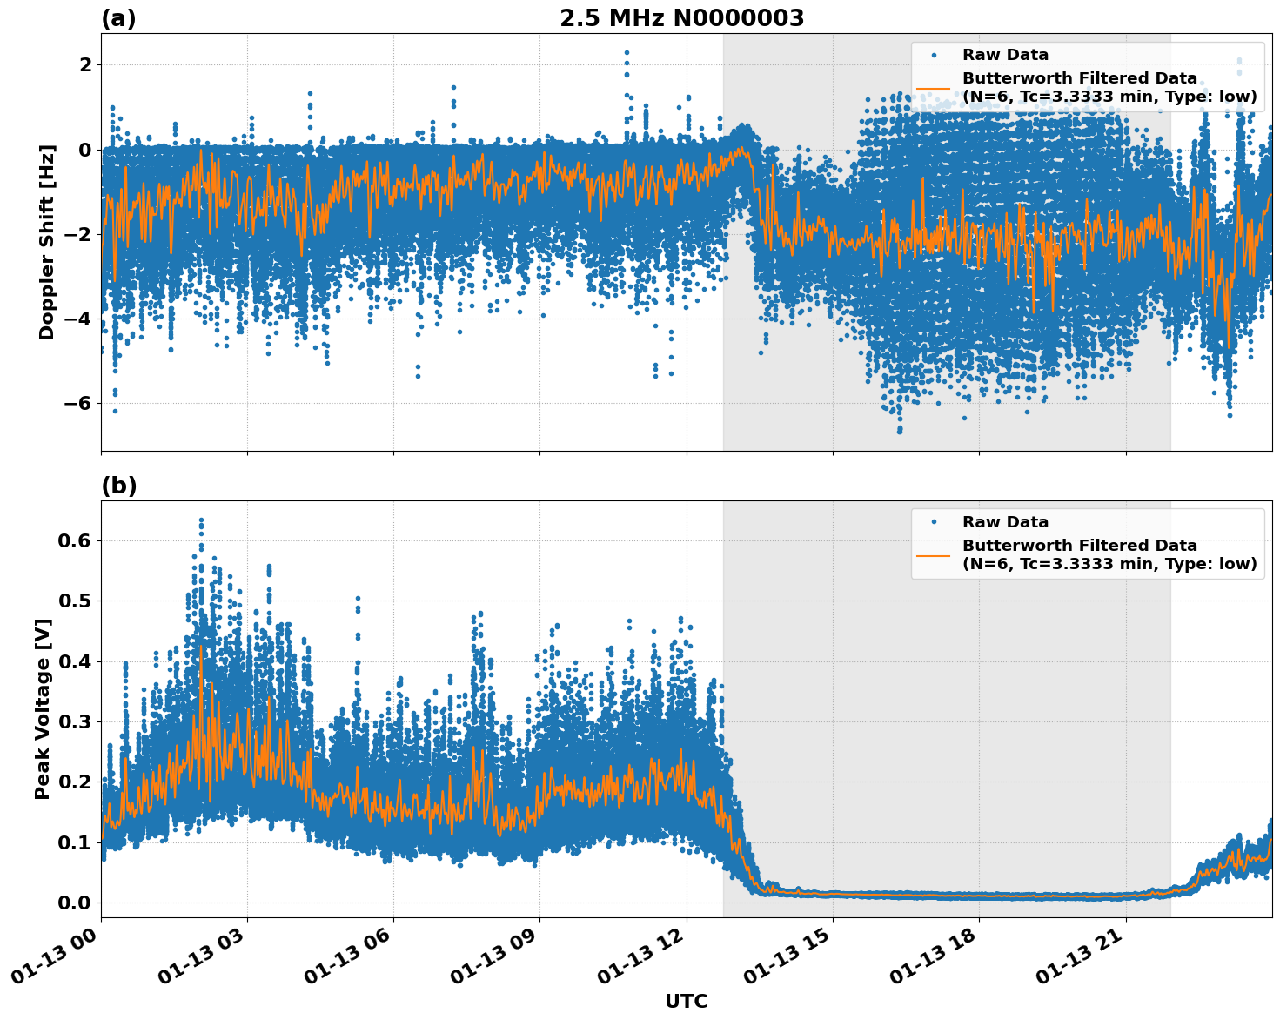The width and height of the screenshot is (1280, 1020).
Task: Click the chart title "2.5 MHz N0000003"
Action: [x=681, y=18]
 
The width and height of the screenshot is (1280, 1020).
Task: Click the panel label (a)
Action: [x=118, y=18]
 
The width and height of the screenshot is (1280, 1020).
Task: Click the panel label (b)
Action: [x=118, y=486]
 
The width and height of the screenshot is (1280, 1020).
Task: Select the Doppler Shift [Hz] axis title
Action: [x=47, y=242]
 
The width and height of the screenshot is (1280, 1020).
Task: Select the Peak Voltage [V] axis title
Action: [x=43, y=708]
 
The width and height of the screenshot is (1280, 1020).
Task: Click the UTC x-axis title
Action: [x=686, y=1001]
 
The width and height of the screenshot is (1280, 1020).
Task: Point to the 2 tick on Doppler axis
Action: [x=85, y=64]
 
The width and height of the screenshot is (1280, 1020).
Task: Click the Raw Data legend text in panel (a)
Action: [x=1005, y=55]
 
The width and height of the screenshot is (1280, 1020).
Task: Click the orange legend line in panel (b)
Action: [x=933, y=554]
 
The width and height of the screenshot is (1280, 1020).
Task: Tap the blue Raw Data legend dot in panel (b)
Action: [x=933, y=522]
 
